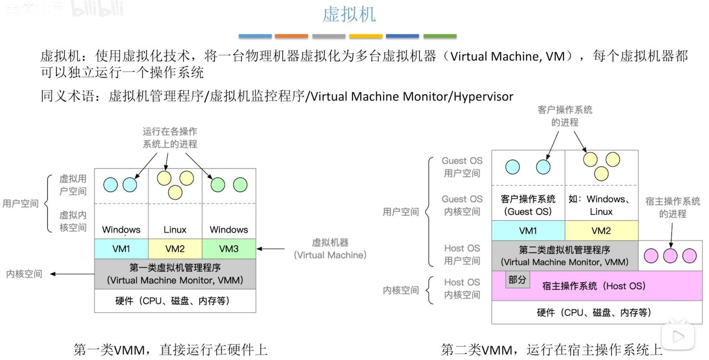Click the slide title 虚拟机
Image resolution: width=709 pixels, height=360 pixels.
[349, 14]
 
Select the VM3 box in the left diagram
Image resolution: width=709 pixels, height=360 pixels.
[229, 249]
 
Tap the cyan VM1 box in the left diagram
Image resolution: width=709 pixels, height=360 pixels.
[121, 249]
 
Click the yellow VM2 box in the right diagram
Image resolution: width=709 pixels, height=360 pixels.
[601, 231]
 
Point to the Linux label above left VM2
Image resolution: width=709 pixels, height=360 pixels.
[175, 230]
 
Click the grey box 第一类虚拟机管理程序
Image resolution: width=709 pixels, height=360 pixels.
[175, 274]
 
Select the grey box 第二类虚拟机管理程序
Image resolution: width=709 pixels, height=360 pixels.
[564, 256]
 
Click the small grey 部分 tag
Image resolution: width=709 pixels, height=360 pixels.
[517, 280]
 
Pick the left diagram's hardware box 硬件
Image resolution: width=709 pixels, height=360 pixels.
[175, 301]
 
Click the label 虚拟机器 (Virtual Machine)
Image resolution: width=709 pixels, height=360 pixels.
[330, 249]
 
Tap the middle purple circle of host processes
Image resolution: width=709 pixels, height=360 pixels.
[670, 256]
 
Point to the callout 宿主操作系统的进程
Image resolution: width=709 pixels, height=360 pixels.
[672, 207]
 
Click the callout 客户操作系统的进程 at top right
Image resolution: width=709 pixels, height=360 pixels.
[564, 116]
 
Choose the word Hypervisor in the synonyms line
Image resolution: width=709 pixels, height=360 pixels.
[483, 96]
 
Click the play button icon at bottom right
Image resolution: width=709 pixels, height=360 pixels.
[678, 336]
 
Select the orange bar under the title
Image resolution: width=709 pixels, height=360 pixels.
[291, 36]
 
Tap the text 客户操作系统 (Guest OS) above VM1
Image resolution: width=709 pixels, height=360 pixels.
[528, 205]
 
